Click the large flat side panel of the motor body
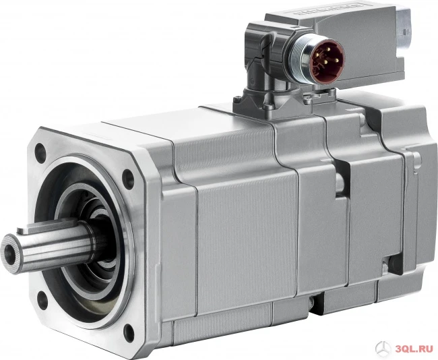pyautogui.click(x=243, y=249)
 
